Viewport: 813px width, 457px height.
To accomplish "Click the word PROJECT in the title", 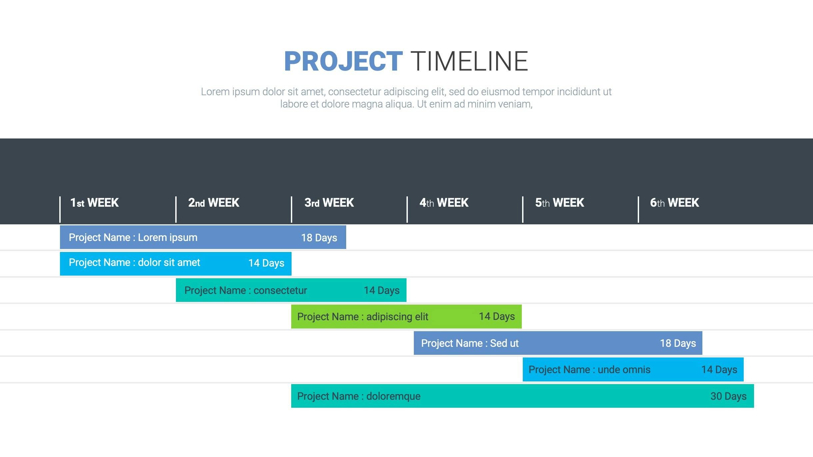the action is [343, 61].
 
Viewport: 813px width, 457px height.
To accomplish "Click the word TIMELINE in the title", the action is [469, 61].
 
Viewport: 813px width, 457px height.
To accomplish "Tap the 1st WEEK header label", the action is [94, 203].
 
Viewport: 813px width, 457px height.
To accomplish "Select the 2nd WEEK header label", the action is [214, 203].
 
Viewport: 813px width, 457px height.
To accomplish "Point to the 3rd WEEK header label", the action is [329, 203].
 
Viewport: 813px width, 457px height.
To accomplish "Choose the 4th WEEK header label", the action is [444, 203].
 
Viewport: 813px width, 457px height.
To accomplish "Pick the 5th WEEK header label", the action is [560, 203].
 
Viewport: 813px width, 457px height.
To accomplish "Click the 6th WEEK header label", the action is [675, 203].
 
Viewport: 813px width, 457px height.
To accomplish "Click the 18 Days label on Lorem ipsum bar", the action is [319, 238].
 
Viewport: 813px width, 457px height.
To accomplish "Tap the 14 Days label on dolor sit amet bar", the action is [266, 263].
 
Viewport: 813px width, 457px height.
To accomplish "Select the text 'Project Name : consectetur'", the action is [246, 291].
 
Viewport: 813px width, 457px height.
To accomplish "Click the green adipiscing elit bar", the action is [406, 317].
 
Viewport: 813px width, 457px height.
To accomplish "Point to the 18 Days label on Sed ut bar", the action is [678, 343].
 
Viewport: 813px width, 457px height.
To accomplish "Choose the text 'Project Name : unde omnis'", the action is [589, 370].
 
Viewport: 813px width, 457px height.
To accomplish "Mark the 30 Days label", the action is [728, 396].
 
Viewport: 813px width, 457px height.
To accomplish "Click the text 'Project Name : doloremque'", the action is [359, 396].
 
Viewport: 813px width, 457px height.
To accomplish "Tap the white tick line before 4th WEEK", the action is [407, 209].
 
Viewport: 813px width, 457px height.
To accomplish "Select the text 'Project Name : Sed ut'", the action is [470, 343].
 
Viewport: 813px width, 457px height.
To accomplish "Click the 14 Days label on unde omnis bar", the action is [719, 370].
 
